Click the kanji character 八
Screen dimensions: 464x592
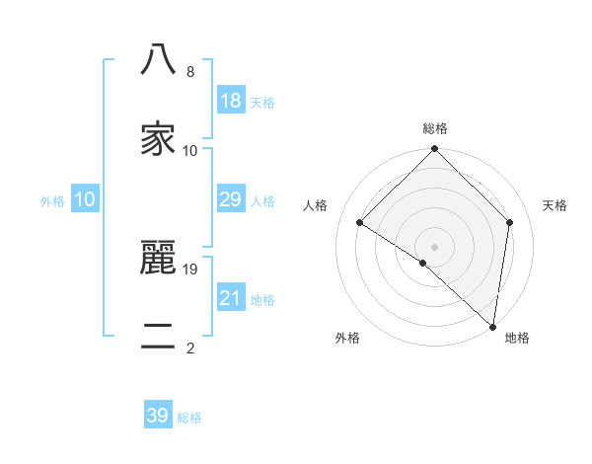(x=159, y=60)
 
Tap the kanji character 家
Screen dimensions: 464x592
(x=159, y=139)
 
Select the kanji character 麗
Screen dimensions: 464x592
(x=159, y=258)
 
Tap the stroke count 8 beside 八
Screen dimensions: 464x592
(x=190, y=72)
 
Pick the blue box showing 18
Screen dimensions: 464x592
(x=230, y=101)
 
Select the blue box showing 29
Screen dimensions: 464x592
(x=230, y=199)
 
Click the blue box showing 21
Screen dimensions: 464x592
(x=230, y=298)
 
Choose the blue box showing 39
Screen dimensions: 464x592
(x=158, y=416)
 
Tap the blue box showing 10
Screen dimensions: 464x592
(x=85, y=199)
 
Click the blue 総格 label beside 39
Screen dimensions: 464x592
(x=189, y=418)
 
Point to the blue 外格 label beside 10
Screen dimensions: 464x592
(x=52, y=200)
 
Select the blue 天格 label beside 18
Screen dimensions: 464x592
(x=262, y=102)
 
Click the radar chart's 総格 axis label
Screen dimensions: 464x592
(x=435, y=129)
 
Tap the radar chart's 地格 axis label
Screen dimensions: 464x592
(x=517, y=338)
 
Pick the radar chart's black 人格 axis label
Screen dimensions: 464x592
(x=316, y=205)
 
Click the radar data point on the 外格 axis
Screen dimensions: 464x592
(x=422, y=263)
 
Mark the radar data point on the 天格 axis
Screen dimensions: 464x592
(x=510, y=222)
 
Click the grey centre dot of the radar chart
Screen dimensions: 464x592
(x=435, y=246)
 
